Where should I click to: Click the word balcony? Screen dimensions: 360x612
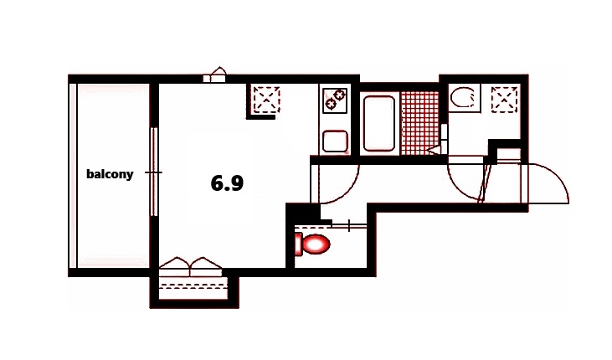110,174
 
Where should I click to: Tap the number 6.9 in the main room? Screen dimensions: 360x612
227,183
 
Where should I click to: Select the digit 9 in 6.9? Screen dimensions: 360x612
237,183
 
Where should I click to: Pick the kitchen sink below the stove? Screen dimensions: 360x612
335,140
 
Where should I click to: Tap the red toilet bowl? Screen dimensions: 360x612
316,244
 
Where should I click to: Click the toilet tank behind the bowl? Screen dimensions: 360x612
299,244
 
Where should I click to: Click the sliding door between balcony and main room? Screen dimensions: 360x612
153,172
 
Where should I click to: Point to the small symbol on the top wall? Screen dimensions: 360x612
216,75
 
